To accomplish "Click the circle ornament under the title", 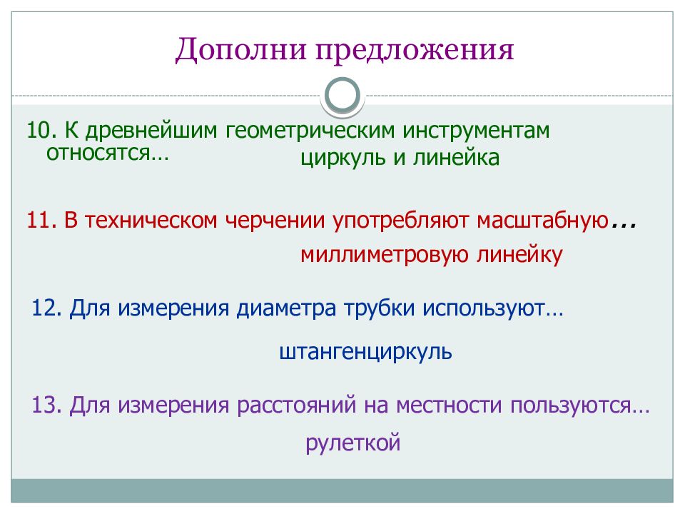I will point(342,95).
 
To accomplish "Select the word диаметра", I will point(290,309).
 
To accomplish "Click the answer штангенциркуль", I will point(365,352).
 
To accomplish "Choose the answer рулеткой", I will point(353,443).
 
